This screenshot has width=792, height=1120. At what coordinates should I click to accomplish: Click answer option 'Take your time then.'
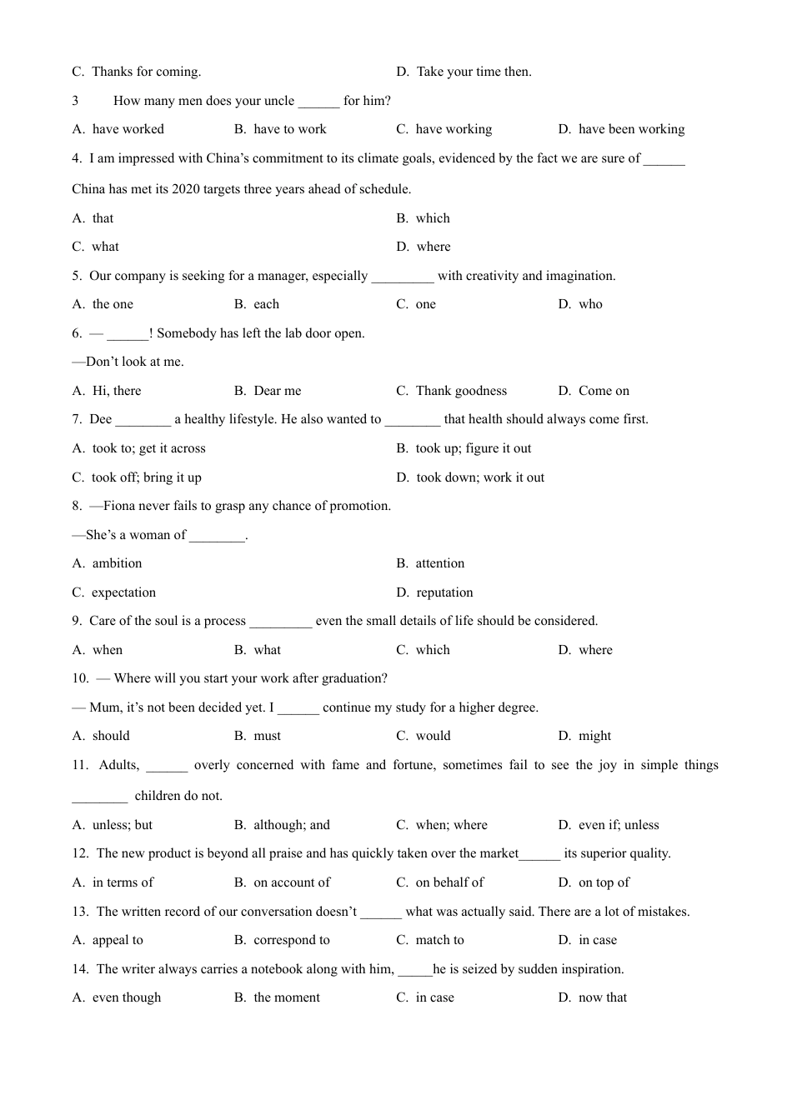(474, 72)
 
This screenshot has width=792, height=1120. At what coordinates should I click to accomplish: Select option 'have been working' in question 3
(631, 129)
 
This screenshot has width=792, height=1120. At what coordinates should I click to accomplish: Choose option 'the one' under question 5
(113, 304)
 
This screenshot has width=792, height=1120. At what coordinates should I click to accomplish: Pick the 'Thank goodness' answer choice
(461, 391)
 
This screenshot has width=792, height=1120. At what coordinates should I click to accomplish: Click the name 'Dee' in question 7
(100, 419)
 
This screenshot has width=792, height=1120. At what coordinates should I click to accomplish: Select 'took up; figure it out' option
(473, 448)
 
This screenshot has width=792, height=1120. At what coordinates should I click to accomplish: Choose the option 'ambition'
(117, 563)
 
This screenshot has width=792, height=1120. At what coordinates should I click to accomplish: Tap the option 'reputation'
(444, 592)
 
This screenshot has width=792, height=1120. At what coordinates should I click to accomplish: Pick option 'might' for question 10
(594, 736)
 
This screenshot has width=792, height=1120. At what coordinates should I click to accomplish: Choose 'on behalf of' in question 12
(449, 882)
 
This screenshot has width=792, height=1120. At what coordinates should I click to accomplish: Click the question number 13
(80, 912)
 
